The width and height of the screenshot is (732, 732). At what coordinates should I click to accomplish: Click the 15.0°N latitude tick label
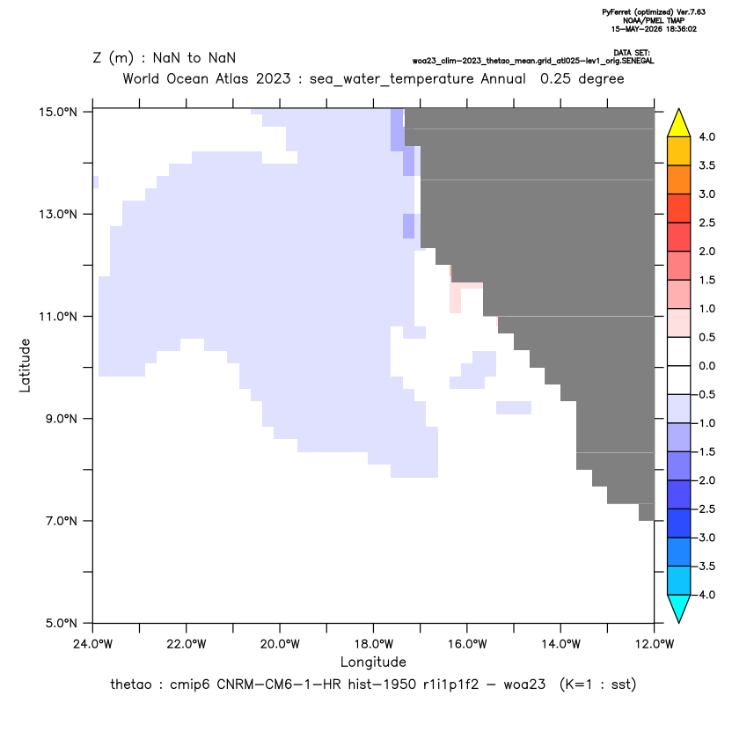tap(58, 112)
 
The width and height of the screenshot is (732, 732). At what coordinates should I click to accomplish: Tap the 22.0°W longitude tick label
tap(187, 644)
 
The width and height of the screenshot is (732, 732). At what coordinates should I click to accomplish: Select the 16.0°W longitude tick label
tap(467, 644)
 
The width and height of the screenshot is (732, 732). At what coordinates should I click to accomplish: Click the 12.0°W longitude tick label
tap(655, 644)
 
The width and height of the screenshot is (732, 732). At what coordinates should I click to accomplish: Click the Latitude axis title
tap(25, 365)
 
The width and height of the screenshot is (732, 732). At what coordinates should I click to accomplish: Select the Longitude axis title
tap(373, 662)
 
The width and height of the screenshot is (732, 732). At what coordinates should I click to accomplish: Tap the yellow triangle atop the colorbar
tap(679, 123)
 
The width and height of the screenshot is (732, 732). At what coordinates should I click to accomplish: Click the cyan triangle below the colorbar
tap(679, 609)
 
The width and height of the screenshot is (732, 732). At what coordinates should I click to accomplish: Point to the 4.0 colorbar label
tap(706, 136)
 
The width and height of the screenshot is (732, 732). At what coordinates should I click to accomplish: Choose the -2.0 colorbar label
tap(706, 480)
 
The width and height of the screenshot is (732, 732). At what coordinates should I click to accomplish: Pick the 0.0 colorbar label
tap(706, 365)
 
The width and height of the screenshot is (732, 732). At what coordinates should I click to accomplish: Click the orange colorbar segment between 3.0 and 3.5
tap(679, 179)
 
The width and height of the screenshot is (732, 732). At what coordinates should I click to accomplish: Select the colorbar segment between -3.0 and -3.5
tap(679, 552)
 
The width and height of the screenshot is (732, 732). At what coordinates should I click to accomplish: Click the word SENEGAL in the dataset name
tap(638, 62)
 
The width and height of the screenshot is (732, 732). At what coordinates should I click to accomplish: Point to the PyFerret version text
tap(654, 12)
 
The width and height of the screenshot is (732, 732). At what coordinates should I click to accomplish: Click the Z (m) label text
tap(113, 58)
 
